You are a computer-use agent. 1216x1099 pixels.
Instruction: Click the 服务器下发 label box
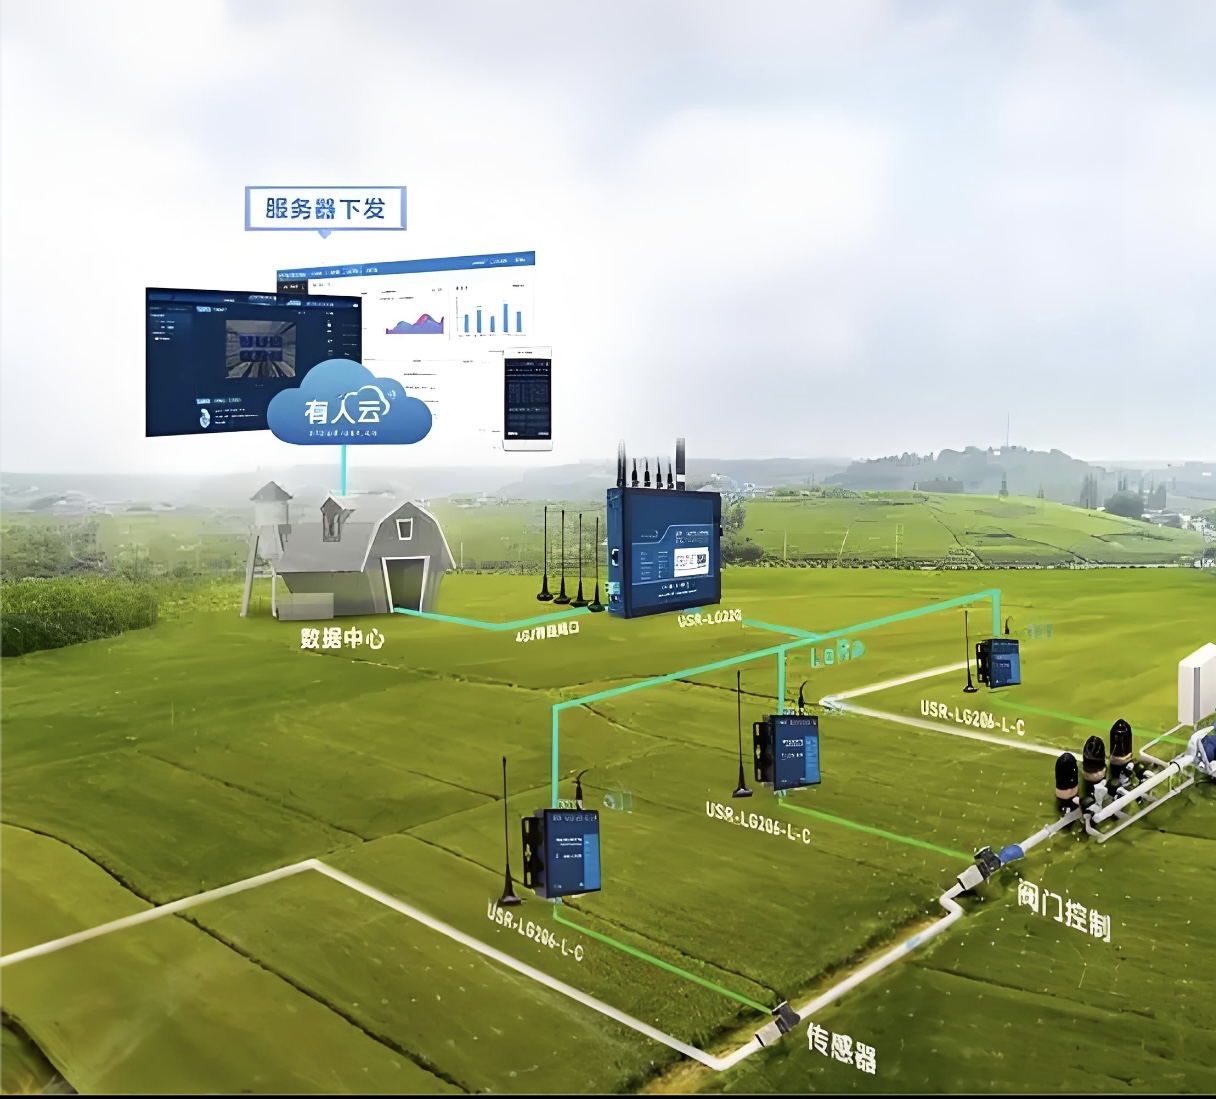tap(325, 208)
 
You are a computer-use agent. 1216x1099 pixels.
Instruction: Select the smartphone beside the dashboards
tap(527, 398)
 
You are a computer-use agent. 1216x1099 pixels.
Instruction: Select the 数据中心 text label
tap(342, 638)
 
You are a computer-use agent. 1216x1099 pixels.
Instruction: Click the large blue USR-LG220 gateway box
tap(664, 552)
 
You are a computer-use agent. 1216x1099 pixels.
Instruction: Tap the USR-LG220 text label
tap(709, 619)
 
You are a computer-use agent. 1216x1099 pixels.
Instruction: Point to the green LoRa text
tap(836, 655)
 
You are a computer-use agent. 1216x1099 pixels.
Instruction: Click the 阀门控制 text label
tap(1064, 909)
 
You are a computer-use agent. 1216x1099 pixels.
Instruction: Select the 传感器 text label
tap(841, 1046)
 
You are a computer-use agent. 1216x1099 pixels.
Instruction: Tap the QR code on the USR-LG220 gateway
tap(688, 562)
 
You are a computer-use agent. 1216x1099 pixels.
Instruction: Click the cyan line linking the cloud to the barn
tap(343, 468)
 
